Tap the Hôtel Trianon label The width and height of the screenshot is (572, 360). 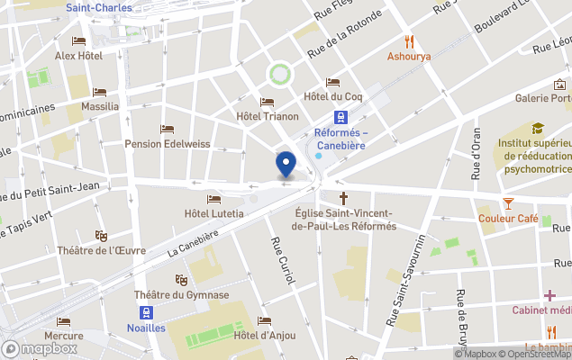(x=267, y=116)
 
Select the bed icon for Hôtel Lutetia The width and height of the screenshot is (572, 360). (x=213, y=199)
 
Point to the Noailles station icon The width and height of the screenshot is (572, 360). (x=145, y=312)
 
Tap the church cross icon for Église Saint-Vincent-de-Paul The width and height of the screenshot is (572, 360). (x=343, y=197)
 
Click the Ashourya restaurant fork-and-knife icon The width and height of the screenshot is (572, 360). (x=409, y=40)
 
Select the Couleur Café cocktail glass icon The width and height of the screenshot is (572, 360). (x=508, y=203)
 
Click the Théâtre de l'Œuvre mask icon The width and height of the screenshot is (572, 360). (x=101, y=235)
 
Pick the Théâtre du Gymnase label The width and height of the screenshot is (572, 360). (x=181, y=295)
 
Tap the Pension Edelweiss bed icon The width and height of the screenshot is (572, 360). (x=167, y=129)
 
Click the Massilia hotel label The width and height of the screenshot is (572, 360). (x=99, y=106)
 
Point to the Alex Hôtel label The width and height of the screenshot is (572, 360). (x=78, y=56)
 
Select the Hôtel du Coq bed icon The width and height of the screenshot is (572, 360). (x=332, y=82)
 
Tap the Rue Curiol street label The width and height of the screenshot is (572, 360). (x=283, y=262)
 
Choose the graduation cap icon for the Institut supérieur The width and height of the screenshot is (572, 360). (x=538, y=129)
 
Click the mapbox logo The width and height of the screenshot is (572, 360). (x=41, y=347)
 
